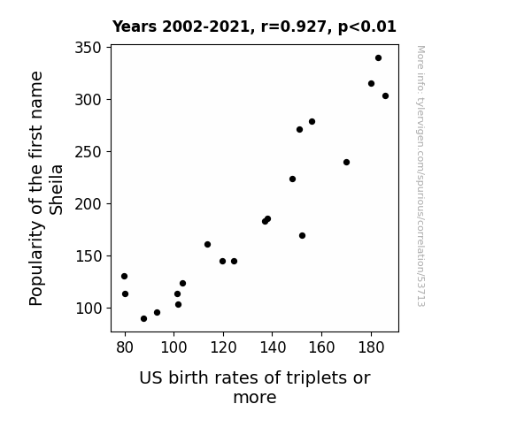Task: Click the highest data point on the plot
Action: pyautogui.click(x=378, y=58)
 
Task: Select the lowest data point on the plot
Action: pyautogui.click(x=143, y=319)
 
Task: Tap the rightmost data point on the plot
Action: pyautogui.click(x=385, y=96)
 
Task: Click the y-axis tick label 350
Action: pyautogui.click(x=89, y=48)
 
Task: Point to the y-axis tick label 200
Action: pyautogui.click(x=89, y=204)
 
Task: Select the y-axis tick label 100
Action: pyautogui.click(x=89, y=309)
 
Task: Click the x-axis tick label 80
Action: pyautogui.click(x=125, y=347)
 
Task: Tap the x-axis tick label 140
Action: pyautogui.click(x=273, y=347)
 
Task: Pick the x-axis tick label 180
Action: pyautogui.click(x=371, y=347)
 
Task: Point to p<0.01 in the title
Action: pyautogui.click(x=367, y=27)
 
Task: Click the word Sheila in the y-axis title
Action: pyautogui.click(x=56, y=190)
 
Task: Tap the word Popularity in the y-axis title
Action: pyautogui.click(x=36, y=263)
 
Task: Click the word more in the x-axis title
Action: pyautogui.click(x=255, y=398)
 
